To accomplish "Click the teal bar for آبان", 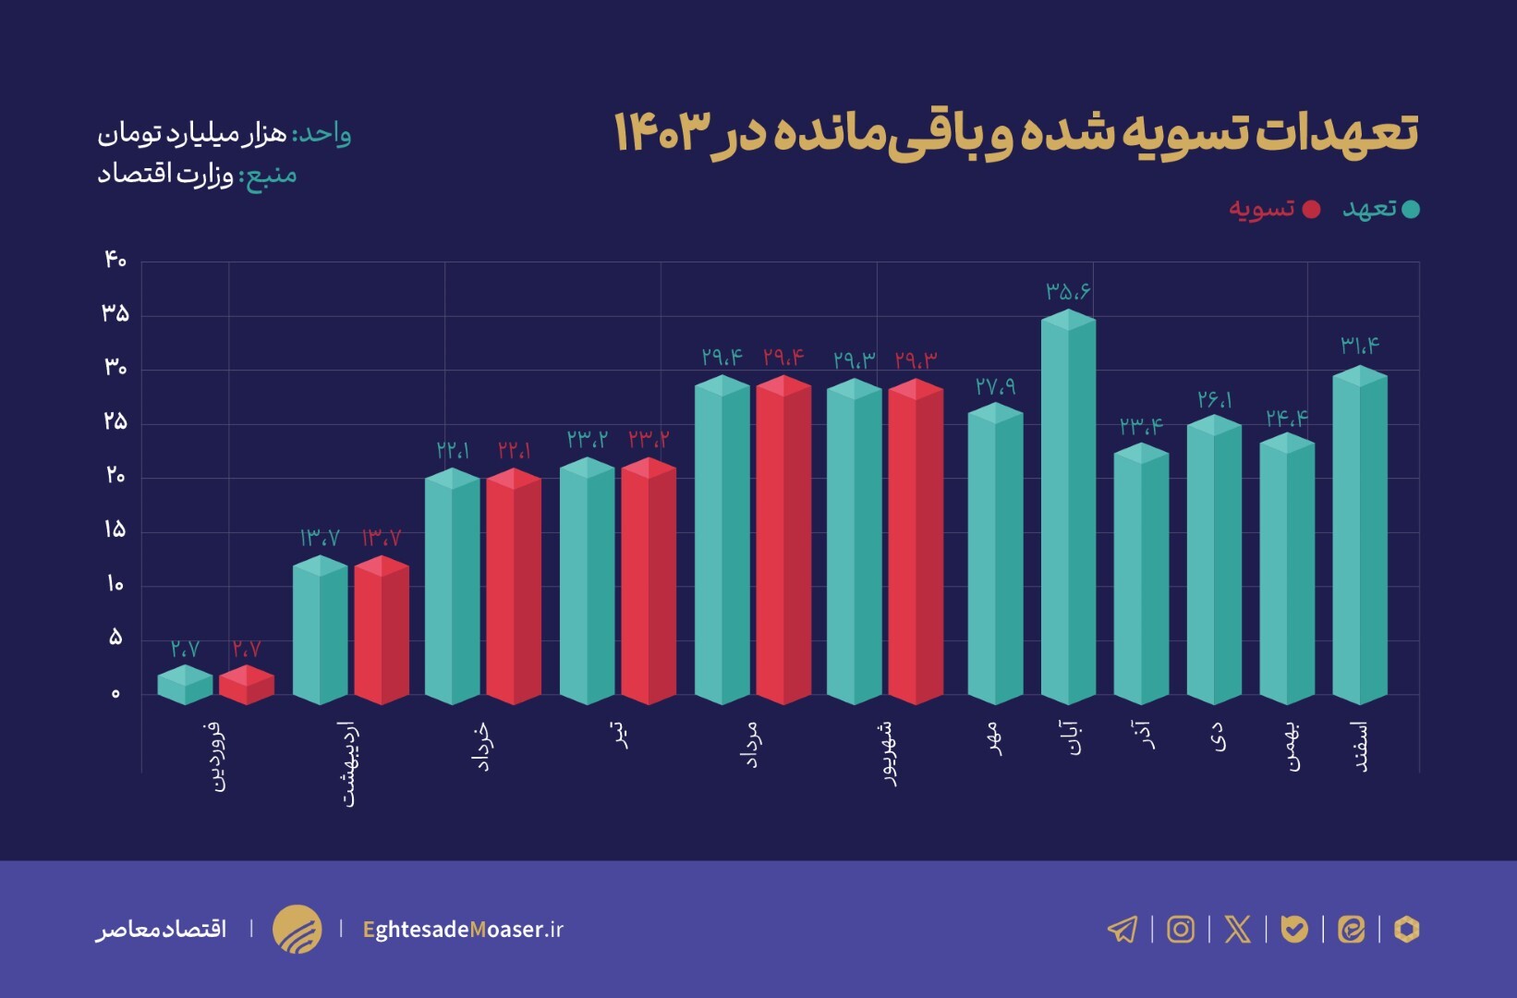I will click(1068, 508).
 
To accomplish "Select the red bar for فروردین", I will click(247, 685).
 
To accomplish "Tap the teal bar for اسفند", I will click(1360, 536).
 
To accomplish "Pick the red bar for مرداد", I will click(783, 541).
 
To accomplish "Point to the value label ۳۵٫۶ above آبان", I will click(1068, 291).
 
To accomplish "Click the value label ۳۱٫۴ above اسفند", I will click(1360, 346).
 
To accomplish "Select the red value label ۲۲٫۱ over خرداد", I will click(514, 450).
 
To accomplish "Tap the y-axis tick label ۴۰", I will click(115, 260).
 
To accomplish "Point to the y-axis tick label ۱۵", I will click(115, 529).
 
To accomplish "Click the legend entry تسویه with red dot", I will click(1273, 209).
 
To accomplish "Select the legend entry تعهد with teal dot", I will click(1379, 209).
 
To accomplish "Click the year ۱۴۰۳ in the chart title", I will click(662, 132).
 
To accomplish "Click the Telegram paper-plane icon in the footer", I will click(1123, 929).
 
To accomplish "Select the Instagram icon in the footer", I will click(1180, 929).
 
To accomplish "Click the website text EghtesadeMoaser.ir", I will click(463, 929).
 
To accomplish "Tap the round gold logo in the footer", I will click(297, 929).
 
